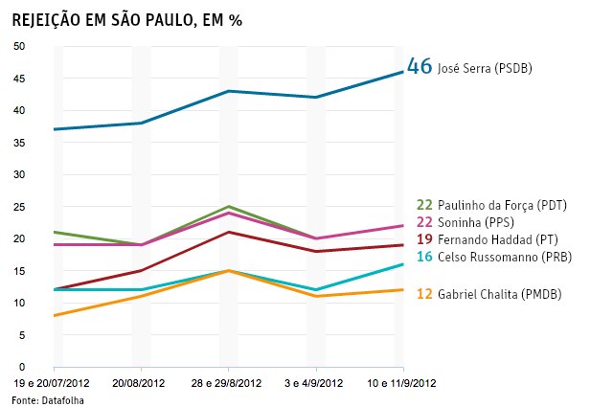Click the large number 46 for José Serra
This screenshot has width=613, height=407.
tap(420, 67)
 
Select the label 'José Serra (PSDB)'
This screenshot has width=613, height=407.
tap(485, 69)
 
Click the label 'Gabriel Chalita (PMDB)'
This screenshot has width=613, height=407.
tap(499, 294)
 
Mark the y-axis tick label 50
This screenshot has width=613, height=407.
tap(19, 46)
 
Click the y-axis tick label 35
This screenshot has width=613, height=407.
tap(19, 143)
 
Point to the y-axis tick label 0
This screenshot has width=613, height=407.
tap(22, 367)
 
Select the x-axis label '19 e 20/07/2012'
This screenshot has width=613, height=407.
tap(54, 383)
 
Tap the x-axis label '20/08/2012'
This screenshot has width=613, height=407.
tap(142, 383)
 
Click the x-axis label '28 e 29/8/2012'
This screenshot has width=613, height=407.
tap(229, 383)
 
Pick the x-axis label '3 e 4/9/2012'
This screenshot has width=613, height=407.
tap(316, 383)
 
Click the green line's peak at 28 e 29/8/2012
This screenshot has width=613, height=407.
tap(228, 206)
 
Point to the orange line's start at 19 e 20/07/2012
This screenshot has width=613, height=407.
tap(54, 315)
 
